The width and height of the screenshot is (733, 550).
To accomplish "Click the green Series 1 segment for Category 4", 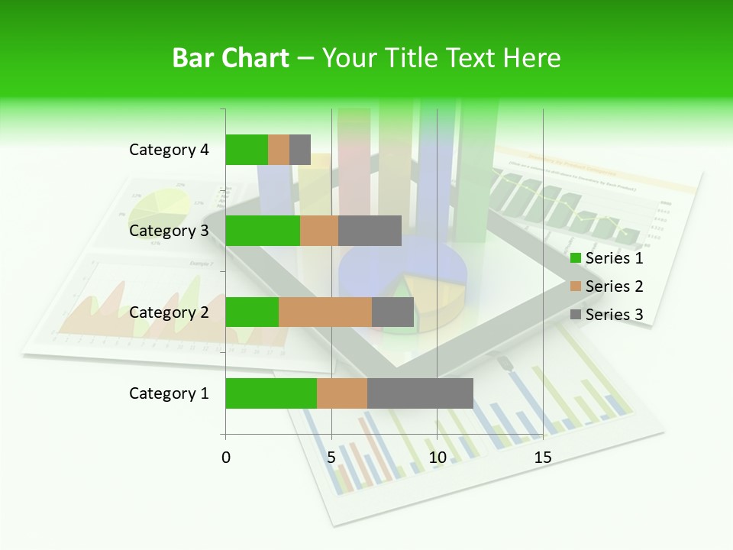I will (x=247, y=150).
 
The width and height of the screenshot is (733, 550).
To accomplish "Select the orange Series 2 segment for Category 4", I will (x=279, y=150).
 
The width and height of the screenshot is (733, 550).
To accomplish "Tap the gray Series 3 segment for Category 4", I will (x=300, y=150).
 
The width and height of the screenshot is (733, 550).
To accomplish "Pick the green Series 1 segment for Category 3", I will (x=263, y=231).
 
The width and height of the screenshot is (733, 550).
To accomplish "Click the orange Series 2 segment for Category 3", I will (x=319, y=231).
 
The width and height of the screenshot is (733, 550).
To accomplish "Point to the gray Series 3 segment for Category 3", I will (x=370, y=231).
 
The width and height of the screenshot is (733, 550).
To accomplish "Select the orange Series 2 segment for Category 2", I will (x=325, y=312).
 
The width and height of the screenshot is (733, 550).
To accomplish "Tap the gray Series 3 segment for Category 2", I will (x=392, y=312).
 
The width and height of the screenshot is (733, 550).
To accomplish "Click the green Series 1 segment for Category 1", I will (x=271, y=393).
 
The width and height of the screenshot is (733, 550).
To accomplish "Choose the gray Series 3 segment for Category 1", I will (x=420, y=393).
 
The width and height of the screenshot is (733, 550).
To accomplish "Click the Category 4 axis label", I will (x=169, y=150).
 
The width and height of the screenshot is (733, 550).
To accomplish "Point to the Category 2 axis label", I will (x=169, y=312).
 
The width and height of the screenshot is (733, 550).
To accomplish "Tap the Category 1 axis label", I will (x=169, y=393).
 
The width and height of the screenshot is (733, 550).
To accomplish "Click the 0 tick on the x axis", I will (x=226, y=458).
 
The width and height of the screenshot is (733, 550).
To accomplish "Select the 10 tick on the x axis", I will (x=437, y=458).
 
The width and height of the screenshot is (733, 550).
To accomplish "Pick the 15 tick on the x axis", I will (x=542, y=458).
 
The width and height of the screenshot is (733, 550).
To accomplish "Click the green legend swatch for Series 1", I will (x=575, y=258).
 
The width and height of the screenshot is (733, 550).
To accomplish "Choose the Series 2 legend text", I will (x=614, y=286).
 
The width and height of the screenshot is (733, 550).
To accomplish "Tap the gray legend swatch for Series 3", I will (x=575, y=315).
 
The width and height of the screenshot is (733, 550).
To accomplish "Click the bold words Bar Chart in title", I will (x=231, y=58).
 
